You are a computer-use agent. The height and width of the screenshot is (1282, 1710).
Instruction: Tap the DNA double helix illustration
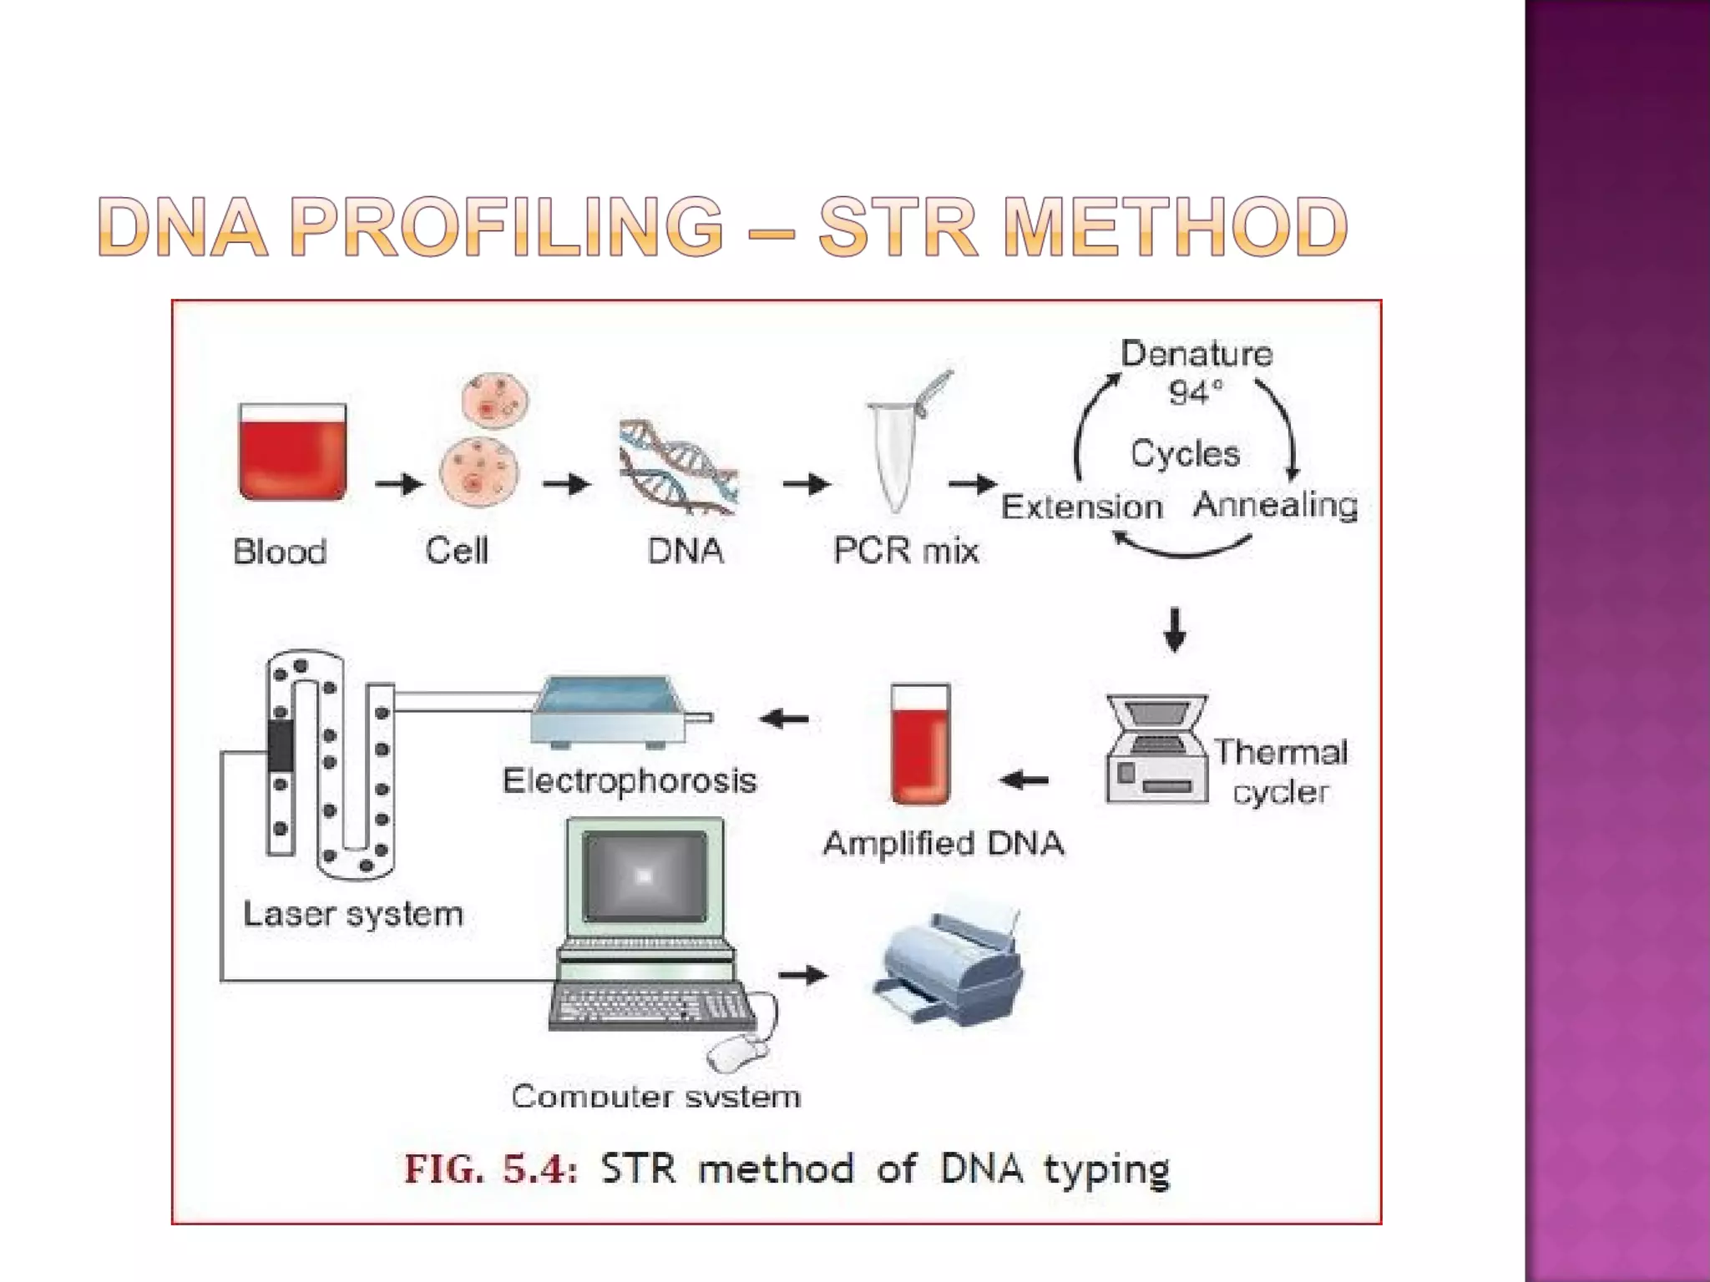[678, 467]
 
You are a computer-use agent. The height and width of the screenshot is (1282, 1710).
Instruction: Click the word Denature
[1196, 354]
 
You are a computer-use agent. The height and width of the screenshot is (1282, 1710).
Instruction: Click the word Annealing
[1275, 504]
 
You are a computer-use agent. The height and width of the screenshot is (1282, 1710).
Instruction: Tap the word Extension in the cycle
[1081, 507]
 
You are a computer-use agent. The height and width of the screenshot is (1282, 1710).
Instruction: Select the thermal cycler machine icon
[1157, 750]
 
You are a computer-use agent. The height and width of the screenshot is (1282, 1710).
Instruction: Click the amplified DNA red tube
[920, 744]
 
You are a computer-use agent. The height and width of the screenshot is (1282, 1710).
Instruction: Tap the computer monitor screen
[645, 876]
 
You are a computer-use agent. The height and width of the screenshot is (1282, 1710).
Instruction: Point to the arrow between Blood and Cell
[398, 484]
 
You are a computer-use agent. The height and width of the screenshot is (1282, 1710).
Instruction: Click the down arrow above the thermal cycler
[1175, 629]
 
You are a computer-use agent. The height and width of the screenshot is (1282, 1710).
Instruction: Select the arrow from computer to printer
[802, 975]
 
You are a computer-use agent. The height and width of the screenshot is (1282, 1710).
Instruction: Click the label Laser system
[352, 914]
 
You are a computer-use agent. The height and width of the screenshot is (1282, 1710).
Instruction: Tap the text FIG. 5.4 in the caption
[490, 1168]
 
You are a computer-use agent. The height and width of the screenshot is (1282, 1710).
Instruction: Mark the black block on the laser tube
[281, 744]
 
